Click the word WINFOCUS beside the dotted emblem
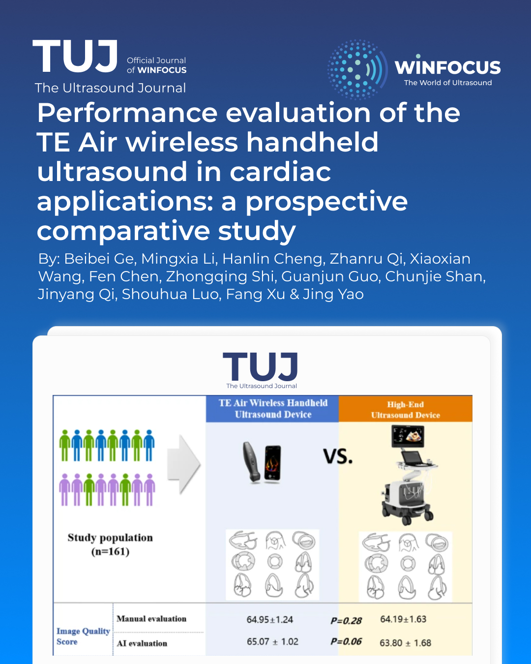pos(447,67)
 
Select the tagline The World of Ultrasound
pos(447,83)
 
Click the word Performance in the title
pos(127,113)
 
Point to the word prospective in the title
pos(326,201)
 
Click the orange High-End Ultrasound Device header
pos(405,410)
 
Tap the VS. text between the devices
pos(338,457)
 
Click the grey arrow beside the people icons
pos(183,464)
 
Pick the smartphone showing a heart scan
pos(272,462)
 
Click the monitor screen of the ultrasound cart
pos(408,436)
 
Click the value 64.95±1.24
pos(269,620)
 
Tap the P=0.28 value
pos(346,621)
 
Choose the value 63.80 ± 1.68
pos(405,643)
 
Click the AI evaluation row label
pos(142,643)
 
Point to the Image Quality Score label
pos(83,636)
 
